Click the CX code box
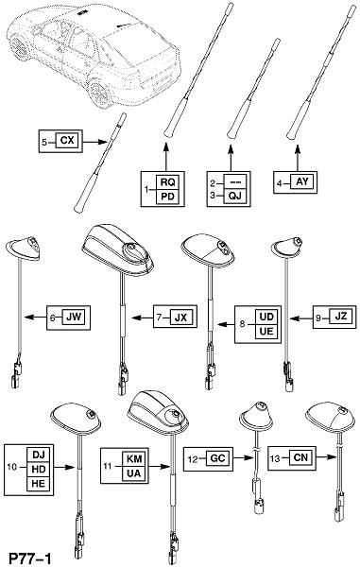pyautogui.click(x=66, y=141)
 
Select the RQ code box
pyautogui.click(x=167, y=182)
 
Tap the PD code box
pyautogui.click(x=167, y=197)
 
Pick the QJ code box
pyautogui.click(x=234, y=196)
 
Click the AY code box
pyautogui.click(x=302, y=181)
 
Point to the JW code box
pyautogui.click(x=74, y=318)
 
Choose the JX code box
pyautogui.click(x=180, y=318)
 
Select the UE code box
pyautogui.click(x=266, y=332)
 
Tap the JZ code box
pyautogui.click(x=340, y=317)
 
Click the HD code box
pyautogui.click(x=39, y=470)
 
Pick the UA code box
pyautogui.click(x=134, y=473)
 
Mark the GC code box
pyautogui.click(x=217, y=459)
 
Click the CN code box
pyautogui.click(x=300, y=458)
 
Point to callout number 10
pyautogui.click(x=12, y=467)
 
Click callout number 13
pyautogui.click(x=275, y=458)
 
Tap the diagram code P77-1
pyautogui.click(x=30, y=558)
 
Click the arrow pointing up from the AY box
pyautogui.click(x=298, y=158)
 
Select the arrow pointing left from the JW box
pyautogui.click(x=36, y=318)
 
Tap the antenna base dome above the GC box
pyautogui.click(x=256, y=418)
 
